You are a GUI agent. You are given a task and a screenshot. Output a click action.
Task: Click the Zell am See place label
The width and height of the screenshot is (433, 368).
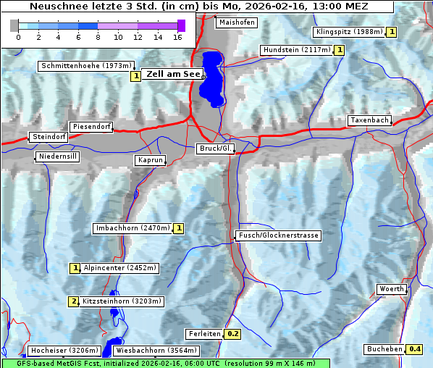(x=174, y=74)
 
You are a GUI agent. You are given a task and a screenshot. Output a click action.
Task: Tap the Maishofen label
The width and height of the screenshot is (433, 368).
(x=237, y=22)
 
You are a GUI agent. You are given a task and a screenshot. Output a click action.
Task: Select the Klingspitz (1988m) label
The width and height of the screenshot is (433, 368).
(x=348, y=32)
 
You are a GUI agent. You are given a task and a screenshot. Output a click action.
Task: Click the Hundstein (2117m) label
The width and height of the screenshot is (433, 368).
(x=296, y=50)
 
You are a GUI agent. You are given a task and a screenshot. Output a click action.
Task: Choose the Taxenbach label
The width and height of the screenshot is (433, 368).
(x=369, y=120)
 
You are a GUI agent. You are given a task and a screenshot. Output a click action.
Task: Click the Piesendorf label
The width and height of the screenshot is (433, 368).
(x=91, y=127)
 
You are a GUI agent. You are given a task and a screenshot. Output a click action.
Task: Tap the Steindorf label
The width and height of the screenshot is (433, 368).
(x=49, y=137)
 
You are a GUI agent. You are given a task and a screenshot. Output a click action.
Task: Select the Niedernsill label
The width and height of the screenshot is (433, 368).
(x=57, y=156)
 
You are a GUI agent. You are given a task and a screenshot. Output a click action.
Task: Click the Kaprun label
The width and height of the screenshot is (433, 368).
(x=150, y=160)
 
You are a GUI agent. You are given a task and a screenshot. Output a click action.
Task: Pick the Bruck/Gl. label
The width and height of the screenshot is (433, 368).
(x=216, y=149)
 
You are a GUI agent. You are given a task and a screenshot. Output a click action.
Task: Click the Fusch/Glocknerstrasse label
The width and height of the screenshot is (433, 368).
(x=278, y=235)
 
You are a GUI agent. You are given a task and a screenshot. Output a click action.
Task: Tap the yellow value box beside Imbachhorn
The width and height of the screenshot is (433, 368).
(x=179, y=228)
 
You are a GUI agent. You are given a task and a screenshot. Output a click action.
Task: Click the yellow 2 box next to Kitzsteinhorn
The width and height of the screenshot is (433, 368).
(x=73, y=301)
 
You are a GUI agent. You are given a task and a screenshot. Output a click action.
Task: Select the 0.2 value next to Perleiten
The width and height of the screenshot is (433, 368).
(x=232, y=334)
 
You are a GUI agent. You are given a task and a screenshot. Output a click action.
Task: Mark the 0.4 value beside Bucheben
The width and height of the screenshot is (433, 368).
(x=415, y=349)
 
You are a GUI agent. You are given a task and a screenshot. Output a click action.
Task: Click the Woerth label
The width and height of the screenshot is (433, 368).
(x=392, y=289)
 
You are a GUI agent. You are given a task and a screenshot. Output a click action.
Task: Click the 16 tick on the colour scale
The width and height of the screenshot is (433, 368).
(x=177, y=36)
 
